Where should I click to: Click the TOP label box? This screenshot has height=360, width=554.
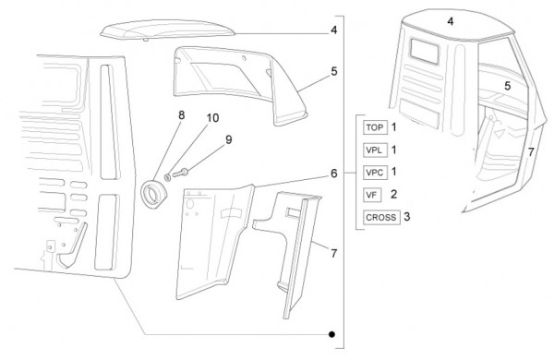375,127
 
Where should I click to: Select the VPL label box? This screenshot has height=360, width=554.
375,150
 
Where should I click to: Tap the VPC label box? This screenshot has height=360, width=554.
375,173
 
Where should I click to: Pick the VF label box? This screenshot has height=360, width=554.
372,195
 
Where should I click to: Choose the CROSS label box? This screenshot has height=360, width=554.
381,217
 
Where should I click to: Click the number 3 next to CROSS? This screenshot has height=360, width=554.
407,217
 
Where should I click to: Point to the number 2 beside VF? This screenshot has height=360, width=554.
393,194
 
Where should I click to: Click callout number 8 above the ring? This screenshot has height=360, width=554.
181,115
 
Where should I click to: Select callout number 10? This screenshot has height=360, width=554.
212,117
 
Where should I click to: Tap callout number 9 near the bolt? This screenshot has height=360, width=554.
229,139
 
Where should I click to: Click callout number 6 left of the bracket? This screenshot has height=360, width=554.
334,174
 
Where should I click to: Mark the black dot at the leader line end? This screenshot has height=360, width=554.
331,334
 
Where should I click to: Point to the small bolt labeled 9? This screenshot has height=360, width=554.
180,173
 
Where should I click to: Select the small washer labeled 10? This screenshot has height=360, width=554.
167,176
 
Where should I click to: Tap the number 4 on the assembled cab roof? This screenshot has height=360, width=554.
451,21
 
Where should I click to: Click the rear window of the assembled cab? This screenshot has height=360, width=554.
424,52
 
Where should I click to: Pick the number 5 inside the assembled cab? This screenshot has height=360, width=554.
507,86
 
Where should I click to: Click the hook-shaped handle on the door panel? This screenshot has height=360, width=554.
72,247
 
